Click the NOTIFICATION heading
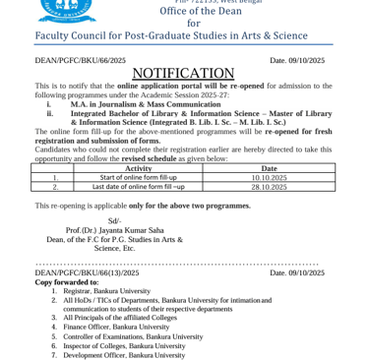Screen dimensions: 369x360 pos(183,74)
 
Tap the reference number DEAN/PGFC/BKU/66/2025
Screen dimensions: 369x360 pos(80,60)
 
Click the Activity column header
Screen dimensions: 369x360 pos(139,168)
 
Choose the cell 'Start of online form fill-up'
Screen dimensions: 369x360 pos(138,177)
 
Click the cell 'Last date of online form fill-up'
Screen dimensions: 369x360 pos(138,186)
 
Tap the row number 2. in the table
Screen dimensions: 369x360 pos(55,186)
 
